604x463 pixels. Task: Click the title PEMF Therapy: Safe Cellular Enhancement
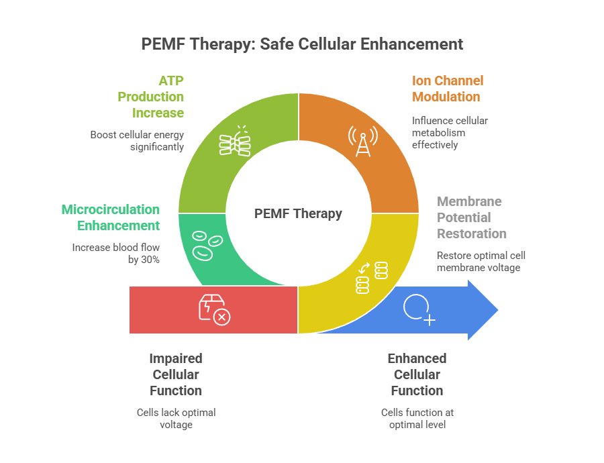(302, 44)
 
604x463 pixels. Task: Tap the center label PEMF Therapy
(298, 213)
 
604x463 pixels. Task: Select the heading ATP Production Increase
(151, 97)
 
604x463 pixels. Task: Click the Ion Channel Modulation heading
(447, 89)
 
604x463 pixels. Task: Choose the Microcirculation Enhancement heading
(111, 217)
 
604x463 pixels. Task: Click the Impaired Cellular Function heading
(176, 374)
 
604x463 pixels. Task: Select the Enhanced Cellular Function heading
(417, 374)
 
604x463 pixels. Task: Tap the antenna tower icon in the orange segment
(362, 140)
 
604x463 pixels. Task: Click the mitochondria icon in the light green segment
(235, 141)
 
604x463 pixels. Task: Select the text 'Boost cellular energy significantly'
(137, 140)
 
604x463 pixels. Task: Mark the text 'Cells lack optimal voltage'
(176, 419)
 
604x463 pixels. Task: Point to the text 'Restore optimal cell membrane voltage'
(481, 262)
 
